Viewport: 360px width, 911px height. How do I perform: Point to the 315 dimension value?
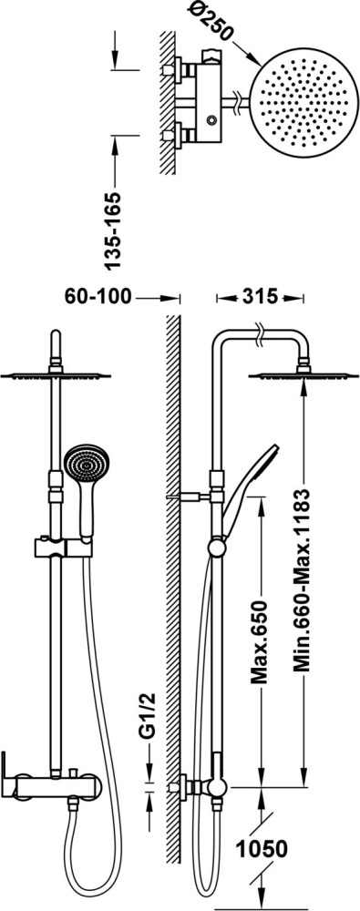click(x=260, y=297)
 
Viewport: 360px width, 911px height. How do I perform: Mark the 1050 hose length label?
click(x=262, y=849)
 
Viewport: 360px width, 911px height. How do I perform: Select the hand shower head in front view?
click(x=86, y=465)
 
